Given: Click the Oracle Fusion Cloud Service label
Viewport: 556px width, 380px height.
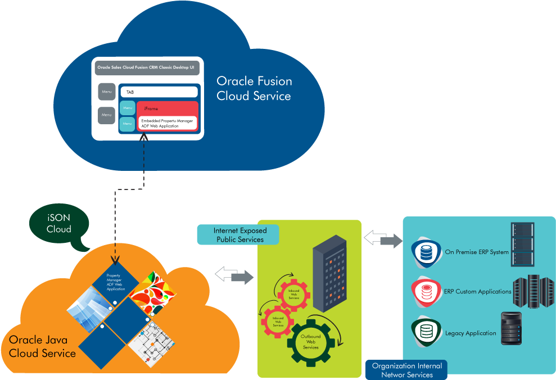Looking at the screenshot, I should click(x=254, y=89).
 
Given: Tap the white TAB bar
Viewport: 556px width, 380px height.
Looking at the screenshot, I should click(x=159, y=92).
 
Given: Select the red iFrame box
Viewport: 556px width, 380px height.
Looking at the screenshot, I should click(x=168, y=108).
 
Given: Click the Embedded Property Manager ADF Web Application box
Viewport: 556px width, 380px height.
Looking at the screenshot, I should click(x=168, y=123).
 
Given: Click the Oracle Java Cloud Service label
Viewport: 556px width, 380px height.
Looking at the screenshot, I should click(x=42, y=347).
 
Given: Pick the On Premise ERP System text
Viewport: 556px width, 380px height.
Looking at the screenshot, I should click(x=477, y=252).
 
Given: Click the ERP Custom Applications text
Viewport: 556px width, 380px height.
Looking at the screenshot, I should click(x=478, y=292).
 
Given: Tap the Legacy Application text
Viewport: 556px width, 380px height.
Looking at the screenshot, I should click(x=471, y=333).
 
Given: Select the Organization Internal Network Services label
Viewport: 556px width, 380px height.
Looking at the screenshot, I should click(x=406, y=370).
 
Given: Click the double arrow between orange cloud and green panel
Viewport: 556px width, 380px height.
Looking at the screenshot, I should click(x=234, y=275).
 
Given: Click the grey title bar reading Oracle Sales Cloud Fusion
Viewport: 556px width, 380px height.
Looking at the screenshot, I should click(x=147, y=67).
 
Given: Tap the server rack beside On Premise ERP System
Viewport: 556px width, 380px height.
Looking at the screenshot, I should click(x=522, y=245).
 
